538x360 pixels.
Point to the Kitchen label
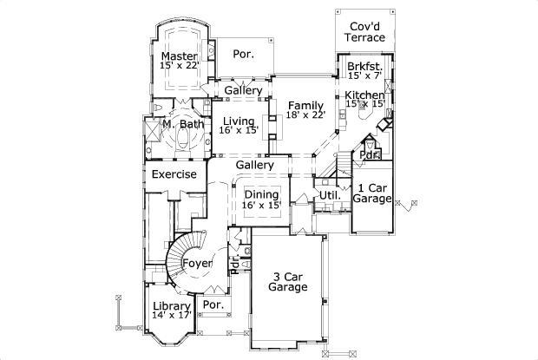click(364, 95)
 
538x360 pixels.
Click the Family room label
click(305, 106)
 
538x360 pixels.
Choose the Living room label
click(238, 122)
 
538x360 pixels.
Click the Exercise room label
click(174, 174)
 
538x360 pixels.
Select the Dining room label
click(261, 194)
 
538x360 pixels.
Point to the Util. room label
click(328, 196)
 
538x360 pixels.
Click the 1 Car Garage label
click(371, 193)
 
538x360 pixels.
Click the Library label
click(171, 306)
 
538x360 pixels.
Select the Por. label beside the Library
click(213, 305)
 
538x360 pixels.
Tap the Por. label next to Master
click(244, 54)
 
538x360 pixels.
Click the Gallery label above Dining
click(254, 165)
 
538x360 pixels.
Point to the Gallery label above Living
click(243, 90)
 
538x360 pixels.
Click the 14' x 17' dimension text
click(171, 317)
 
